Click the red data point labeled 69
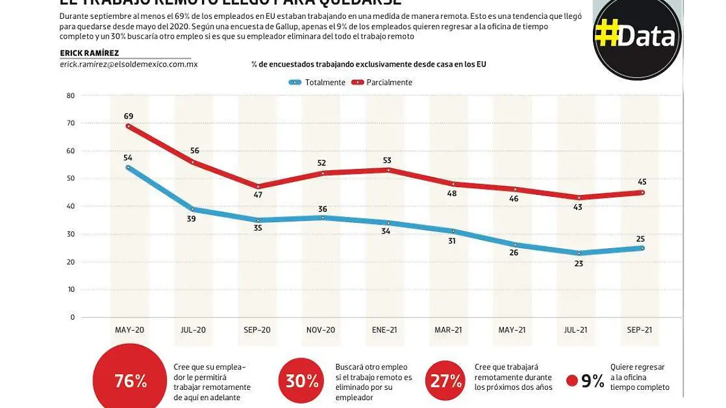pyautogui.click(x=128, y=126)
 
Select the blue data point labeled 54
pyautogui.click(x=128, y=168)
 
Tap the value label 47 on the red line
pyautogui.click(x=258, y=195)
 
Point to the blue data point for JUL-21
pyautogui.click(x=578, y=253)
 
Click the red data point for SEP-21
pyautogui.click(x=642, y=192)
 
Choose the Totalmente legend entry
pyautogui.click(x=318, y=82)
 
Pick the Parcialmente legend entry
pyautogui.click(x=382, y=82)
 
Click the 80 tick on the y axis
pyautogui.click(x=71, y=96)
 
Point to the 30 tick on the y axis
pyautogui.click(x=71, y=234)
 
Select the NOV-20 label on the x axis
pyautogui.click(x=321, y=330)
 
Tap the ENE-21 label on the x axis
pyautogui.click(x=385, y=330)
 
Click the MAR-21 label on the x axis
pyautogui.click(x=449, y=330)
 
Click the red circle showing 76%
pyautogui.click(x=130, y=381)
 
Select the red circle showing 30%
pyautogui.click(x=303, y=381)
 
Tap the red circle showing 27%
pyautogui.click(x=446, y=381)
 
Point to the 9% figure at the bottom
pyautogui.click(x=592, y=381)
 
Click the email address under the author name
pyautogui.click(x=129, y=64)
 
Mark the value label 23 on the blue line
pyautogui.click(x=578, y=264)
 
